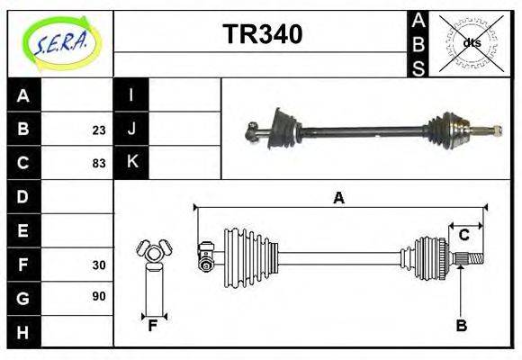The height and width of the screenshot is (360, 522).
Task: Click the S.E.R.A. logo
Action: (x=60, y=41)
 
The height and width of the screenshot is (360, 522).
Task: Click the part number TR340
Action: (x=262, y=35)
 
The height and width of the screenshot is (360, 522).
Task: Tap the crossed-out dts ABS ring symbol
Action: (x=471, y=42)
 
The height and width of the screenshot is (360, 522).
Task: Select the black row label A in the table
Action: (x=24, y=95)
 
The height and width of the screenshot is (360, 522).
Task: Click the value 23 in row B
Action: (x=98, y=130)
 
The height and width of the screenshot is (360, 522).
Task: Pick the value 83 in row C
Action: (x=98, y=164)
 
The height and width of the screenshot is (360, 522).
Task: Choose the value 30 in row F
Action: (x=98, y=265)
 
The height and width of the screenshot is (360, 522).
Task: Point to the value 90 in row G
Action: (x=98, y=296)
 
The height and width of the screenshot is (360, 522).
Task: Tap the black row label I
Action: (x=131, y=95)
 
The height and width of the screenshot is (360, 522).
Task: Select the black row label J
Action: (x=131, y=130)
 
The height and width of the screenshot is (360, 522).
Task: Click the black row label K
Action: (x=131, y=163)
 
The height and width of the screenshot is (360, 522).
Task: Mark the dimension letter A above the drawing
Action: (x=339, y=198)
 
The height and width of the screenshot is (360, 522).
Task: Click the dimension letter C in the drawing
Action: (x=463, y=235)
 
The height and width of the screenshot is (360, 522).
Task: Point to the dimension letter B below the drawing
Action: (x=461, y=325)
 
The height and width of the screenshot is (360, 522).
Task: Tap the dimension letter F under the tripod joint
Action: (x=153, y=325)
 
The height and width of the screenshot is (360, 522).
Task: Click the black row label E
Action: (x=24, y=230)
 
